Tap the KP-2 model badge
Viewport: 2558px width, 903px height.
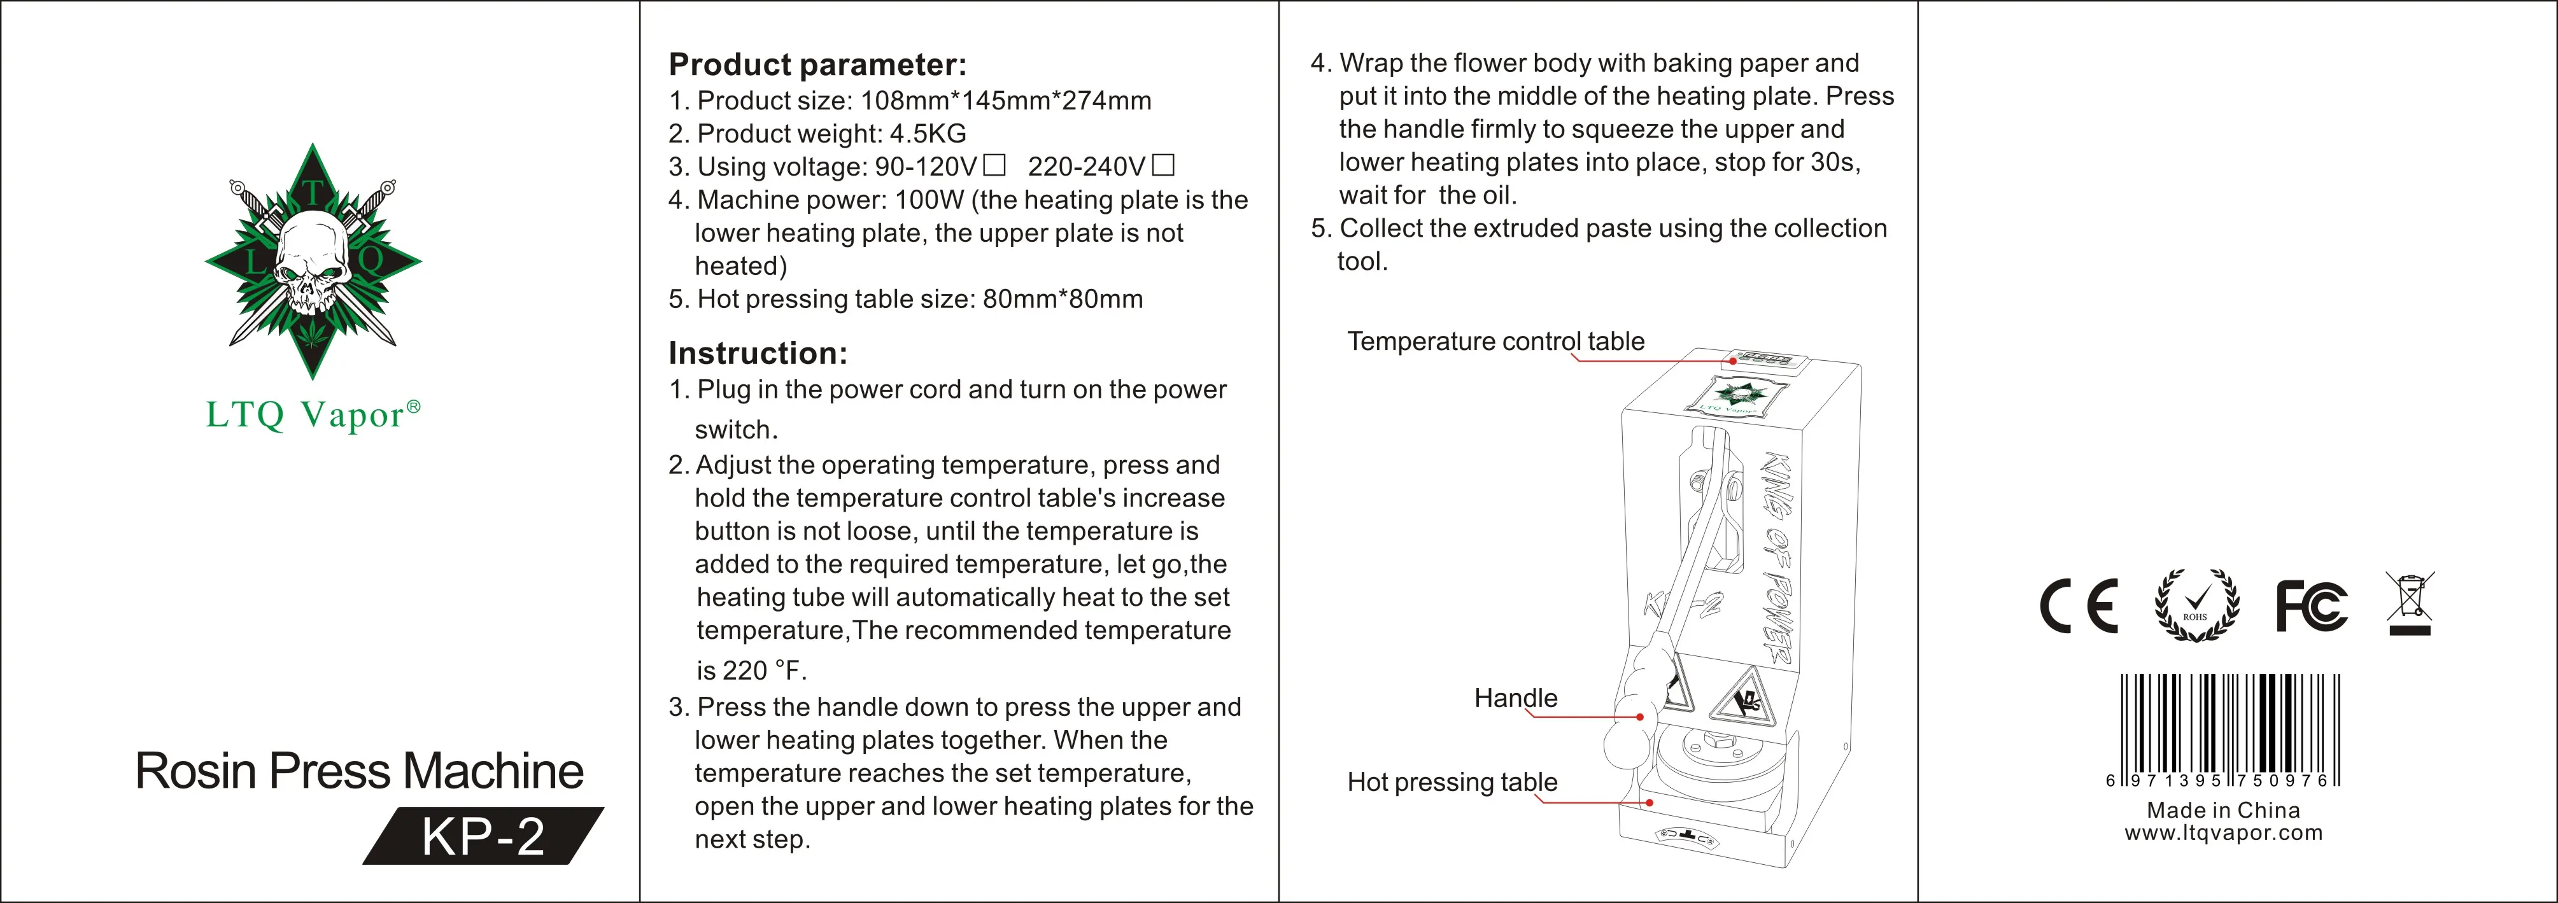pos(484,837)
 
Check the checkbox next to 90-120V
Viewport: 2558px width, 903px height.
pos(994,165)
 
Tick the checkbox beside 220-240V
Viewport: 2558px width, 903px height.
pos(1163,165)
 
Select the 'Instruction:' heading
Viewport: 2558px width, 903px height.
pos(758,353)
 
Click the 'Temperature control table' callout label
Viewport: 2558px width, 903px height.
pos(1494,341)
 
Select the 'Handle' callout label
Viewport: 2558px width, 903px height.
pos(1515,697)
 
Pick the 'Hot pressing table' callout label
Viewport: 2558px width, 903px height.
pos(1452,782)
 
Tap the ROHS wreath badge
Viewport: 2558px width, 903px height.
pos(2196,605)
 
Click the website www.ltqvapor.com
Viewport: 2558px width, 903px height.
pos(2223,832)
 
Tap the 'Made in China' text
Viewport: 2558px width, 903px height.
pos(2223,809)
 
